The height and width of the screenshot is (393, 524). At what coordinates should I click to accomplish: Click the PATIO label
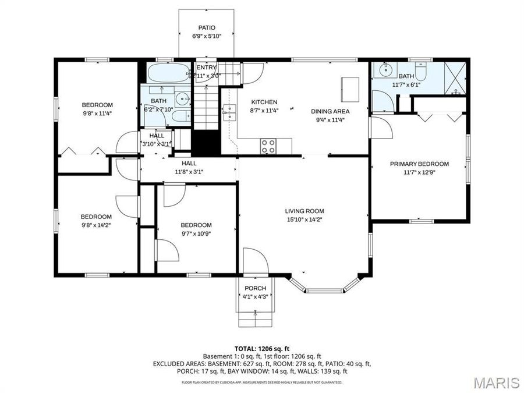pos(207,27)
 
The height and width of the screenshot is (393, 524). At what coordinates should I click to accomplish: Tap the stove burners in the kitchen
pos(268,146)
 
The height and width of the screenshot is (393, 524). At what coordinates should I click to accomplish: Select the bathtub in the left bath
pos(167,74)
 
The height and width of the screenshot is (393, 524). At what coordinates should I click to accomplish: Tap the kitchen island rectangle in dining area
pos(350,89)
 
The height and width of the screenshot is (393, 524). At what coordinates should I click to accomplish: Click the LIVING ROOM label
pos(304,211)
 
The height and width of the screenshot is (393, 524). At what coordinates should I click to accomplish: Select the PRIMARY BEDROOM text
pos(419,164)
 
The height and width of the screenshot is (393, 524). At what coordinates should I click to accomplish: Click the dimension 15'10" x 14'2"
pos(304,219)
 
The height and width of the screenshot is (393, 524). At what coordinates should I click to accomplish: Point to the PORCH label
pos(255,288)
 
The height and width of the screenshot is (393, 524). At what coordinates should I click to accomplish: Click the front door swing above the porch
pos(255,260)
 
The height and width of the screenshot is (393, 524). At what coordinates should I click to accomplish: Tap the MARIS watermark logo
pos(496,383)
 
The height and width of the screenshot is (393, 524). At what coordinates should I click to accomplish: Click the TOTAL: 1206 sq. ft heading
pos(261,348)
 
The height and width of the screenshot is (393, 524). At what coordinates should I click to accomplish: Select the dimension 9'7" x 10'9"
pos(196,233)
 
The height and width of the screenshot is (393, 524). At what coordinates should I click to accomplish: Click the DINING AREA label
pos(330,111)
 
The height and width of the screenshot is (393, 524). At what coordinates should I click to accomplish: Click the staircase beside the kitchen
pos(205,108)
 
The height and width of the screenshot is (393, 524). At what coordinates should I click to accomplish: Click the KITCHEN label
pos(264,102)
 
